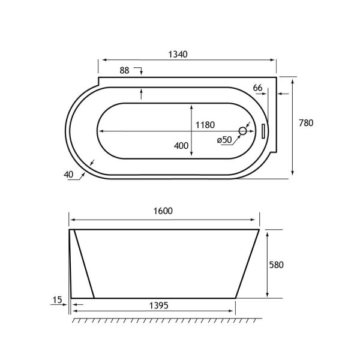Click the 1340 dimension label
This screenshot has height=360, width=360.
coord(178,55)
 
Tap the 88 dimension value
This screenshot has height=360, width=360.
coord(124,70)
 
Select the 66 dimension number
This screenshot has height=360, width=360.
coord(257,88)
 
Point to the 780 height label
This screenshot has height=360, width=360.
coord(306,123)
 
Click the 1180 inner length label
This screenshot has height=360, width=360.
coord(205,125)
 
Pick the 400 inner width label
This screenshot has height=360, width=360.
coord(181,146)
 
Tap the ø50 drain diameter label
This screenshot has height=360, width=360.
coord(224,140)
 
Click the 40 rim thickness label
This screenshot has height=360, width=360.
coord(68,175)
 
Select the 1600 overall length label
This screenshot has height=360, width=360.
coord(163,211)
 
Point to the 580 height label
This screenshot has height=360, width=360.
coord(277,265)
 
